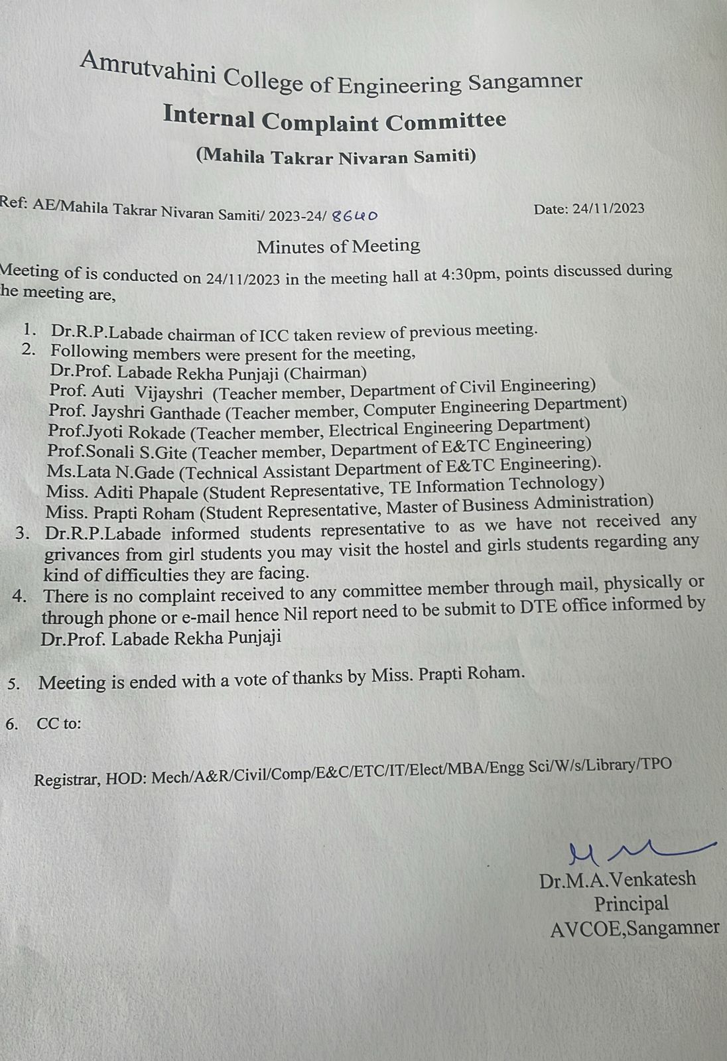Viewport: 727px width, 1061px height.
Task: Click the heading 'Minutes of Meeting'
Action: [338, 247]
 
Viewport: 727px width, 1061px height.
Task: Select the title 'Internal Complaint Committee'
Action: [334, 120]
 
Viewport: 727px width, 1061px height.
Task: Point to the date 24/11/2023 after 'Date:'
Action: [608, 208]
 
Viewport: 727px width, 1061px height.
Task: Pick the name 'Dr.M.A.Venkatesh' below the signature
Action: [618, 880]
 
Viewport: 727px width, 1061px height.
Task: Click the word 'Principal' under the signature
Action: [631, 904]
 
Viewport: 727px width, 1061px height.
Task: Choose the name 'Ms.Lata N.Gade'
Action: [110, 472]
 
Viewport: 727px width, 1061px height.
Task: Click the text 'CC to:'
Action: [58, 723]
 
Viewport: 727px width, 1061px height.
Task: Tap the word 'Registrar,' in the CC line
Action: [66, 780]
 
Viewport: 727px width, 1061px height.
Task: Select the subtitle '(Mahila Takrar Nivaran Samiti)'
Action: [336, 156]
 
